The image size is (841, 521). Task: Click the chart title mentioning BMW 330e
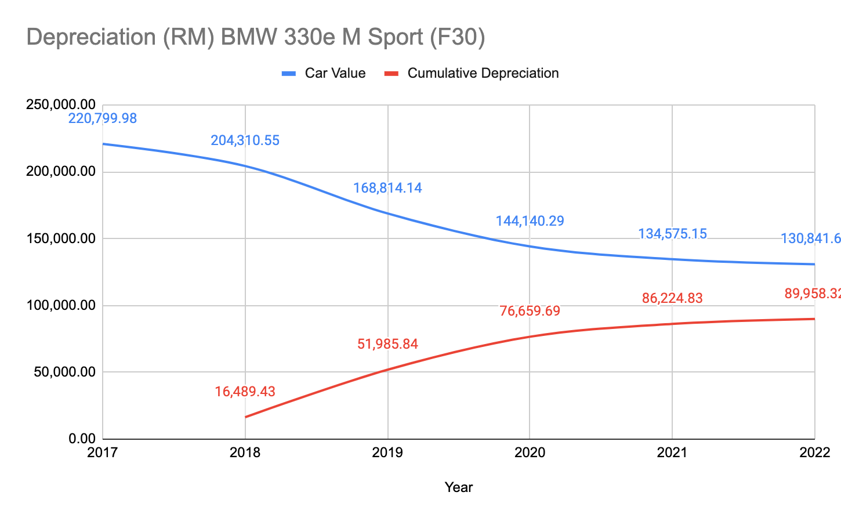tap(256, 37)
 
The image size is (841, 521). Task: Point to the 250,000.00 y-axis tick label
tap(60, 105)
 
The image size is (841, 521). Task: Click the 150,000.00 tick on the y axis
tap(60, 238)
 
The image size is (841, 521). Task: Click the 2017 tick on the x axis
tap(103, 453)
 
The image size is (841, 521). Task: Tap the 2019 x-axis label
tap(387, 453)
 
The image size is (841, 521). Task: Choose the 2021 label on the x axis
tap(672, 453)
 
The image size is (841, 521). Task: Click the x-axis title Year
tap(459, 487)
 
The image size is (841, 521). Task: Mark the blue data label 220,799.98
tap(103, 118)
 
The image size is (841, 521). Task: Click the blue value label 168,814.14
tap(387, 188)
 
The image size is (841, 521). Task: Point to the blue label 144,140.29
tap(530, 220)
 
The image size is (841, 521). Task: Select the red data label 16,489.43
tap(245, 392)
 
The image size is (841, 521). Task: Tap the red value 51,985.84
tap(387, 344)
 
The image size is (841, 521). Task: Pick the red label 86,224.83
tap(672, 299)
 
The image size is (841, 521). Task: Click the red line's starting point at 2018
tap(245, 417)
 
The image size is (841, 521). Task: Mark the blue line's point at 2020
tap(530, 246)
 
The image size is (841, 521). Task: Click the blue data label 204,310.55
tap(245, 140)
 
